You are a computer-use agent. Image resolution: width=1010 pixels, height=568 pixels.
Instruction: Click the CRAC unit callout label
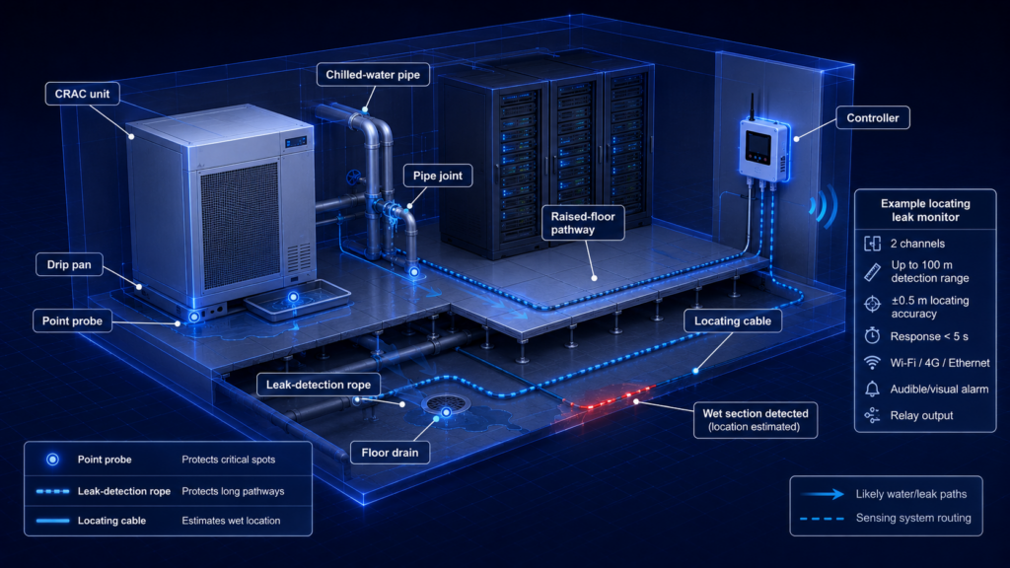coord(82,94)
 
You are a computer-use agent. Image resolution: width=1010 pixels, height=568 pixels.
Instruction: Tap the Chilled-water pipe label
coord(372,75)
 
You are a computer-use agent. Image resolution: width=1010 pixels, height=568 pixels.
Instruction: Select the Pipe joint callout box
coord(437,176)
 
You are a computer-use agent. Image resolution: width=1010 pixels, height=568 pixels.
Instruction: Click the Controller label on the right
coord(872,118)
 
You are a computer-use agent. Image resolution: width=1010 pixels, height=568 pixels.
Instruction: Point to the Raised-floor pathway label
coord(583,223)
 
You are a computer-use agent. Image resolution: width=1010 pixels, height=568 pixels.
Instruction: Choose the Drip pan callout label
coord(69,264)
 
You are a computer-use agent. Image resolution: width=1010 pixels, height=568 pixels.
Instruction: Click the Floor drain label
coord(390,452)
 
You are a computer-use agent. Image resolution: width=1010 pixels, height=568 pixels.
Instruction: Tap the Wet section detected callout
coord(755,420)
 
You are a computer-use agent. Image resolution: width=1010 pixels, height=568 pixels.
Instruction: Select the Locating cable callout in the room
coord(733,320)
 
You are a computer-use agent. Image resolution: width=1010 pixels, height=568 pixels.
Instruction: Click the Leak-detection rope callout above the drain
coord(319,385)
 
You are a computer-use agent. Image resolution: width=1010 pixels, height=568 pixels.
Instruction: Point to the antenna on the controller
coord(751,106)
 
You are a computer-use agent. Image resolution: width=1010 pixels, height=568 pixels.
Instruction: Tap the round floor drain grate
coord(446,403)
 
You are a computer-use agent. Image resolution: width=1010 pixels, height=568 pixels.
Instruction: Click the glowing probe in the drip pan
coord(293,297)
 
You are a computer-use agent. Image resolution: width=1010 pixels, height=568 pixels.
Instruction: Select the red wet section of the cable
coord(609,397)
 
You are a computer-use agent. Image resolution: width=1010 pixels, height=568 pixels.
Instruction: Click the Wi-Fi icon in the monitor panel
coord(872,363)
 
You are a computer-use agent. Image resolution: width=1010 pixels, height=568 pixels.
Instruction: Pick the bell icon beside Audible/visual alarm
coord(872,389)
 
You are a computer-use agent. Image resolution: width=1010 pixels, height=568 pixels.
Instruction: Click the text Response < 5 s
coord(929,336)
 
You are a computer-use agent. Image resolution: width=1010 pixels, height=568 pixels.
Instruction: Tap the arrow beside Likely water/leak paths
coord(822,494)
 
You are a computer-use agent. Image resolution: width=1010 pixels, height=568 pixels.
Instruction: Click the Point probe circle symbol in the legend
coord(53,460)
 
